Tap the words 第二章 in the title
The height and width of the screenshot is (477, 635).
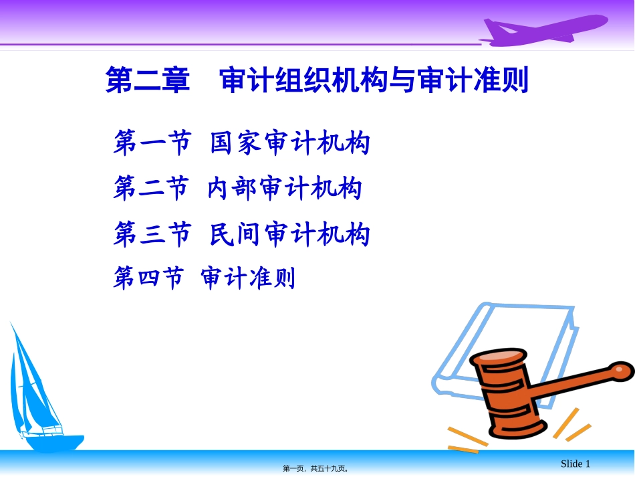point(148,80)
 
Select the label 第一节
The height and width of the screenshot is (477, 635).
point(152,142)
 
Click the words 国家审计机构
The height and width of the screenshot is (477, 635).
point(290,142)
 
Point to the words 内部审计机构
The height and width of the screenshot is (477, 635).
point(285,187)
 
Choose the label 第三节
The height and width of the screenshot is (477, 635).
point(152,233)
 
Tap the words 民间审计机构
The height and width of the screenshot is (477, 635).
point(290,233)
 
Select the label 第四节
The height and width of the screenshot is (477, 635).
point(148,278)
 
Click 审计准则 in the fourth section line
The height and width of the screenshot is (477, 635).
point(248,278)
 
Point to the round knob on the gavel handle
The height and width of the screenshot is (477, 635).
point(621,371)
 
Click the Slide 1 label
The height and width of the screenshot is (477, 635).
point(576,464)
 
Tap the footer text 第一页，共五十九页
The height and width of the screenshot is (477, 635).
point(315,468)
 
